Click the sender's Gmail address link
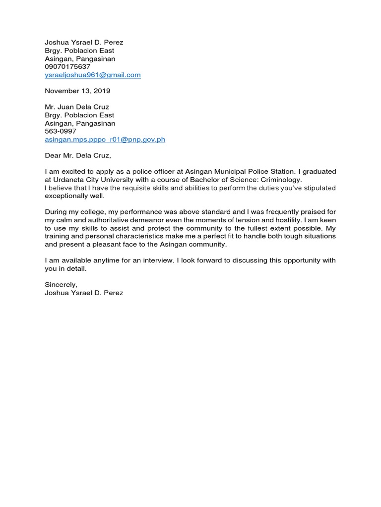[93, 75]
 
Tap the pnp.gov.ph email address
[105, 140]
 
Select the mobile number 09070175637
[67, 67]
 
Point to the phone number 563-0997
[61, 131]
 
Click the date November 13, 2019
[77, 91]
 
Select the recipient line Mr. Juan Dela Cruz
[77, 107]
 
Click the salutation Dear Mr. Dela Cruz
[78, 155]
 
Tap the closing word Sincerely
[61, 285]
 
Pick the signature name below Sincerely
[84, 293]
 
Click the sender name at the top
[84, 43]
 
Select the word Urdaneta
[69, 180]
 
